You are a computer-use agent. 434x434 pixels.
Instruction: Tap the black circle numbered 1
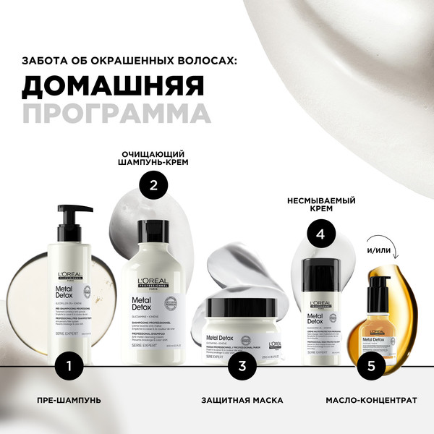pos(68,366)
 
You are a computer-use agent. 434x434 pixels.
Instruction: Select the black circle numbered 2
pos(153,185)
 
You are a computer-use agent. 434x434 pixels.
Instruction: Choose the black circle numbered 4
pos(322,234)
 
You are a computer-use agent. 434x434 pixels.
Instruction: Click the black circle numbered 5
pos(372,366)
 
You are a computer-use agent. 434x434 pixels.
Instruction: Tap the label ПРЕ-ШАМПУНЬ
pos(69,400)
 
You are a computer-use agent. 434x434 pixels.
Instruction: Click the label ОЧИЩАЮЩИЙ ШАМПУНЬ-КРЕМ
pos(154,159)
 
